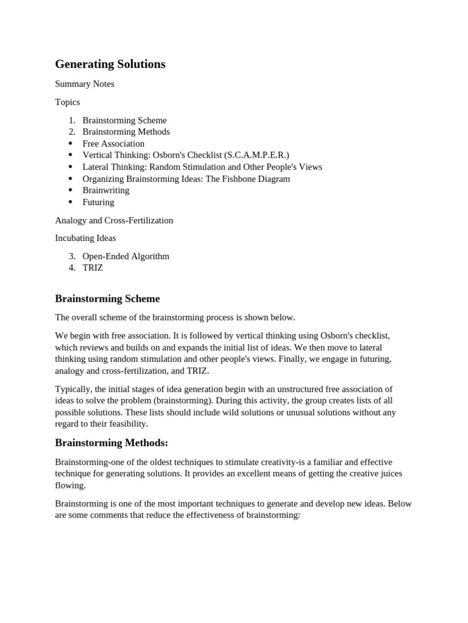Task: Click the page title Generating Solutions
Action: (110, 64)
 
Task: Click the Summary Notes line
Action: (85, 84)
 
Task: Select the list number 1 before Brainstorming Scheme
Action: (72, 120)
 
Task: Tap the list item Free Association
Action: (113, 144)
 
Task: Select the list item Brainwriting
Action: (106, 190)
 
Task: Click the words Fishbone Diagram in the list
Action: (256, 179)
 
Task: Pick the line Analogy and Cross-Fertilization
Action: (114, 220)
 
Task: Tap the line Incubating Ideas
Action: (85, 238)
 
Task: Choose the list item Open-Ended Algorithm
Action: (126, 256)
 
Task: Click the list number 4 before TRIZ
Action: (72, 268)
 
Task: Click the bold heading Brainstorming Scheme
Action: (107, 299)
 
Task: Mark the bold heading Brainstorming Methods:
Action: (112, 442)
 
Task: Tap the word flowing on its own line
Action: (70, 486)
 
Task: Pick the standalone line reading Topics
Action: (68, 102)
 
